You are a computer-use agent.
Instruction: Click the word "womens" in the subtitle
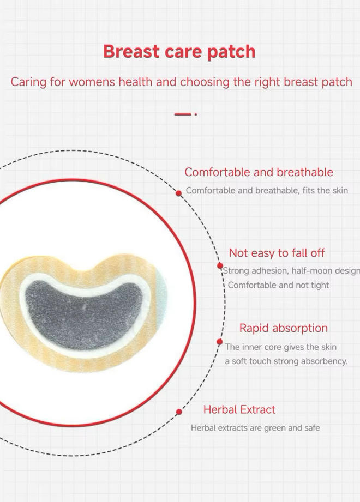click(92, 82)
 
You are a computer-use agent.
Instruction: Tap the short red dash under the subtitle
click(183, 114)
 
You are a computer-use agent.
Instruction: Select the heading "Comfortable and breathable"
click(259, 172)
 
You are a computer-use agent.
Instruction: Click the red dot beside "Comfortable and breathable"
click(179, 193)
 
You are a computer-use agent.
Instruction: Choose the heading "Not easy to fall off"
click(277, 253)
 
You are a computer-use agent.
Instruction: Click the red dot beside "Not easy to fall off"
click(220, 266)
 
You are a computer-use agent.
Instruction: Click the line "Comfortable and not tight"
click(278, 285)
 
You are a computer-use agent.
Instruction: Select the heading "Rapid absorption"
click(284, 328)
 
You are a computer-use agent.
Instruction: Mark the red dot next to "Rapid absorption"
click(219, 342)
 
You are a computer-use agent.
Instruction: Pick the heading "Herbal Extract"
click(239, 409)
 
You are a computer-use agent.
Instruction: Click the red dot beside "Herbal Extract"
click(179, 412)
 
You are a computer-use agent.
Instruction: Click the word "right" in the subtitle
click(268, 82)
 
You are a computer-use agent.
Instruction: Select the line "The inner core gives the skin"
click(280, 347)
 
